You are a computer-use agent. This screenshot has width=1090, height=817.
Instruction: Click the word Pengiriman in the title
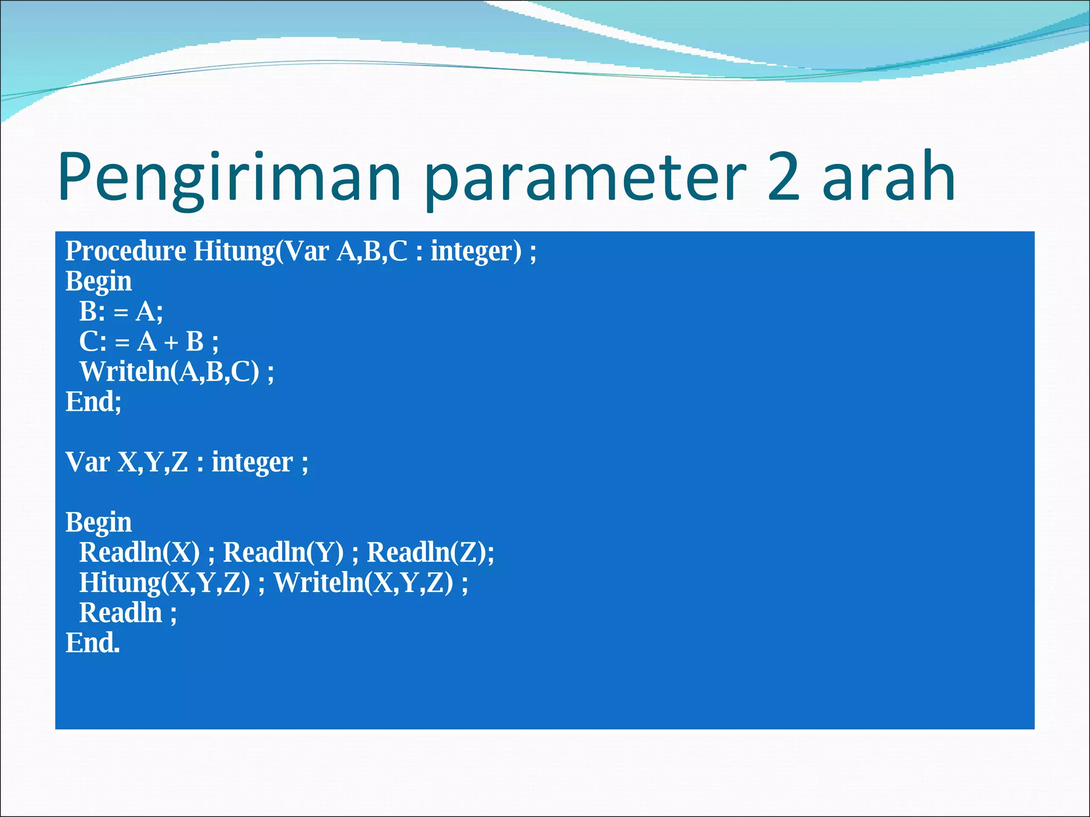(229, 178)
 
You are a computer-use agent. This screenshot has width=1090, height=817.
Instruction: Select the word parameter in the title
(585, 178)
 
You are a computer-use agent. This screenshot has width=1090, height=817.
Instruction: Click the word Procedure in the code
(126, 251)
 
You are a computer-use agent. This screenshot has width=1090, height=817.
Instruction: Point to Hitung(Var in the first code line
(261, 251)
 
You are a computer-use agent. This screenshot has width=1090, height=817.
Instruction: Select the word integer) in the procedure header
(476, 251)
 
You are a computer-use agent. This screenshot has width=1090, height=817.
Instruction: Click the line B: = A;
(121, 312)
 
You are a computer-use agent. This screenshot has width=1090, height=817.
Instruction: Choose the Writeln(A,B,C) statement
(169, 371)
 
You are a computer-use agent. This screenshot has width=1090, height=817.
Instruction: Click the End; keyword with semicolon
(93, 402)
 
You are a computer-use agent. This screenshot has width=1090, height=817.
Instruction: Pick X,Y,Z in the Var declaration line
(153, 462)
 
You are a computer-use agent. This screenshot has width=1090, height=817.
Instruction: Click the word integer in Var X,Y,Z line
(252, 462)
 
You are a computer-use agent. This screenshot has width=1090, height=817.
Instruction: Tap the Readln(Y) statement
(283, 552)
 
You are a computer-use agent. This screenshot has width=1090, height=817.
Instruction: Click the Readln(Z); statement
(430, 552)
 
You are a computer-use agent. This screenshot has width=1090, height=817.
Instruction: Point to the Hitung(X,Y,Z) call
(164, 582)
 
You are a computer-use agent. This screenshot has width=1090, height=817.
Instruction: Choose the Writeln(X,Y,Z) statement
(364, 582)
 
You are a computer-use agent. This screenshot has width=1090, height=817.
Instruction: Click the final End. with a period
(93, 643)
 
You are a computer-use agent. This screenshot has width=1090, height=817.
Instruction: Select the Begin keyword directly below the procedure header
(98, 281)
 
